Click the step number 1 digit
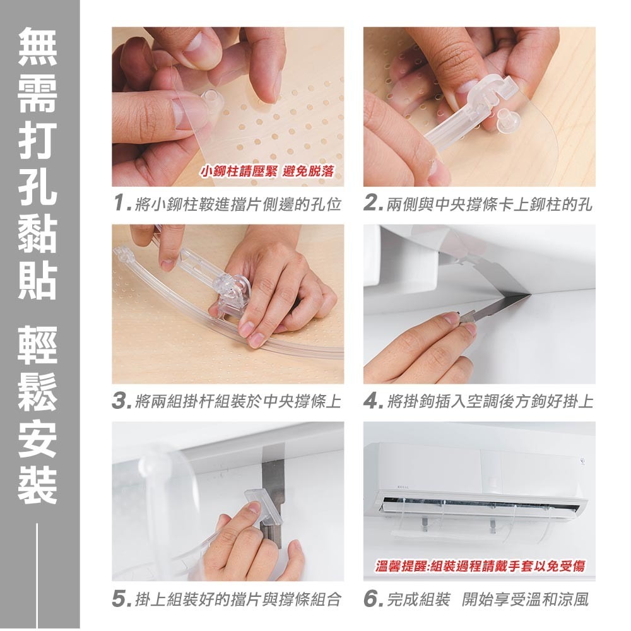[118, 204]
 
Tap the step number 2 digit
[372, 204]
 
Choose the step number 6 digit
[372, 599]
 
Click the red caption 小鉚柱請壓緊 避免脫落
[267, 171]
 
